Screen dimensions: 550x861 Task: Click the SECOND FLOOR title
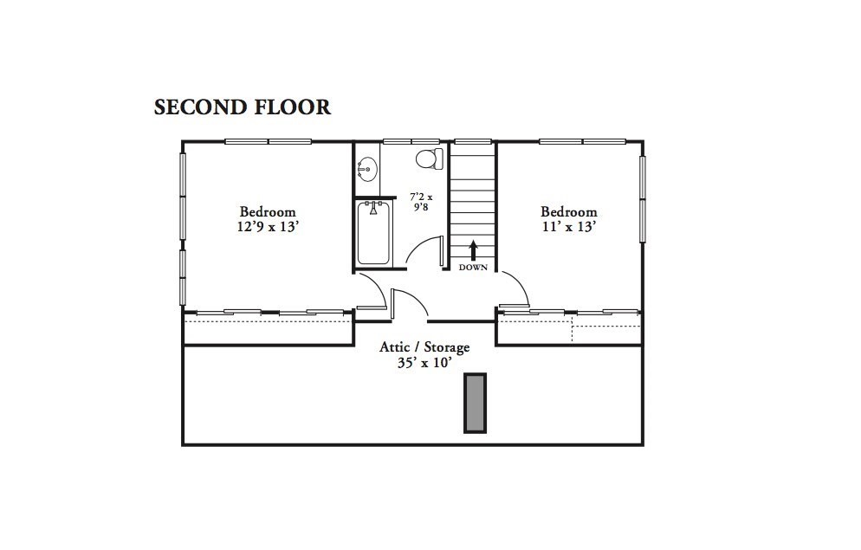point(243,107)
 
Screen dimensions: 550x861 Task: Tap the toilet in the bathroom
point(429,159)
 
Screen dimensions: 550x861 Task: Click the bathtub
point(373,232)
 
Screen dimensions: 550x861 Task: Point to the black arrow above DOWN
point(473,250)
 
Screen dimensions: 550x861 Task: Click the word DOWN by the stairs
point(473,268)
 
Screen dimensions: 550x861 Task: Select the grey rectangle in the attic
point(475,403)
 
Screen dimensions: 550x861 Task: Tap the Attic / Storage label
point(424,347)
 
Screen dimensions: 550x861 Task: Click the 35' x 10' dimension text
point(424,363)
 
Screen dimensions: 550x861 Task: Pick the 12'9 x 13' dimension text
point(268,227)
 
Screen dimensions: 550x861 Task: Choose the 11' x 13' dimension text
point(569,227)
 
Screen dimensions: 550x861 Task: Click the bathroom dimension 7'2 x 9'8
point(421,203)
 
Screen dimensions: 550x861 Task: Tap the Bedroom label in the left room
point(268,211)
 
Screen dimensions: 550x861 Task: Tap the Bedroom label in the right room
point(569,211)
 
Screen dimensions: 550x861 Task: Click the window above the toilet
point(411,141)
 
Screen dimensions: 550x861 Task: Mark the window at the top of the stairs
point(473,141)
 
